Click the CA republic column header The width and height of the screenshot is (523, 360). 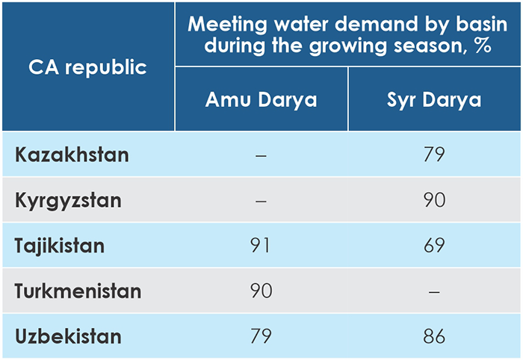coord(88,67)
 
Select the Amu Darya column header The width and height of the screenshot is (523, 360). coord(261,100)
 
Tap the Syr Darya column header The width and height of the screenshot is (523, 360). coord(434,100)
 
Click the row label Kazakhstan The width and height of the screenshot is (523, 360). coord(72,155)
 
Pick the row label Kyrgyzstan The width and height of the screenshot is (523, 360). coord(68,200)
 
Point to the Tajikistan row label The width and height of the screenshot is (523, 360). coord(60,245)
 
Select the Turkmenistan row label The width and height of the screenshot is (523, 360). coord(78,291)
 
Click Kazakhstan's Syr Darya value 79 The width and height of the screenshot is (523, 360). coord(434,155)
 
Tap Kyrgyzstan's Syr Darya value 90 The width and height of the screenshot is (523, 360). coord(434,200)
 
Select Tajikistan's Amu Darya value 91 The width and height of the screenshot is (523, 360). coord(261,245)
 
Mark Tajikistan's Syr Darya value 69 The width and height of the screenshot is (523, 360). coord(434,245)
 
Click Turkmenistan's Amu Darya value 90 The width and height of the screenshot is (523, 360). coord(261,291)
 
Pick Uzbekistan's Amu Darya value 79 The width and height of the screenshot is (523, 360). coord(261,336)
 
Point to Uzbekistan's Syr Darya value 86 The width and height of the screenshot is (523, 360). coord(434,336)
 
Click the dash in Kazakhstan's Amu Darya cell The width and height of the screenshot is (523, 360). coord(261,155)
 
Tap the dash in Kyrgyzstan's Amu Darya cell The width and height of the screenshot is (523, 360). coord(261,201)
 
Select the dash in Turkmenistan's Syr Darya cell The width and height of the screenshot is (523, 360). coord(434,291)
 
